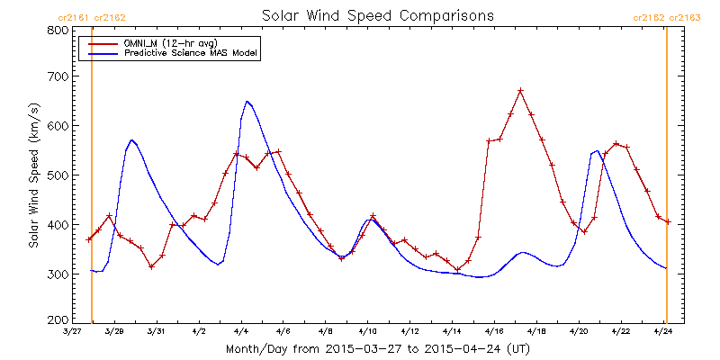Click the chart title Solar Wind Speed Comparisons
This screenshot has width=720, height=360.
tap(378, 15)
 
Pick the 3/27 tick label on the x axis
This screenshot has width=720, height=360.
tap(71, 331)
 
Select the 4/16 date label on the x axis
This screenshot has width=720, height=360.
tap(494, 331)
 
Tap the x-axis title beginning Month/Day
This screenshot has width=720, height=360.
tap(377, 349)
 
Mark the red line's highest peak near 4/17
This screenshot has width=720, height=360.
tap(520, 91)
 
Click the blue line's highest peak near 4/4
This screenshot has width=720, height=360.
tap(247, 101)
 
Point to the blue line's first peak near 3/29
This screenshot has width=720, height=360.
tap(131, 139)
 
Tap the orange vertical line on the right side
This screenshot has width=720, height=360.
tap(666, 175)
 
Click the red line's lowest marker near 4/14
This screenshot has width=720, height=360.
tap(457, 269)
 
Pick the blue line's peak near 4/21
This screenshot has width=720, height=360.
tap(597, 150)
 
